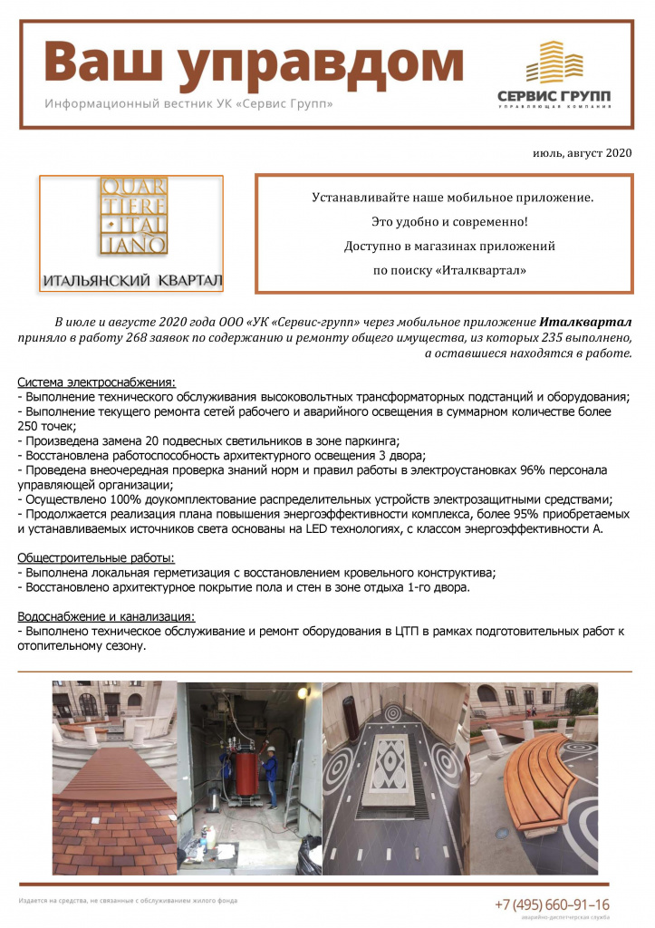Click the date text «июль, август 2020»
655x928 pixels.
click(x=582, y=153)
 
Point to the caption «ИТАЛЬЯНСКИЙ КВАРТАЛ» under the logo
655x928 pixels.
click(x=131, y=278)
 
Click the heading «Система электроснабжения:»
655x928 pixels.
click(x=97, y=382)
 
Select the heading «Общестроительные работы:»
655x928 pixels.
click(x=96, y=557)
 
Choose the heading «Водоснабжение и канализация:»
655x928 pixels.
click(x=106, y=616)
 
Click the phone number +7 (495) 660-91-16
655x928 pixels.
click(x=552, y=904)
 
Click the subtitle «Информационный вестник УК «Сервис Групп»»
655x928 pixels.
click(x=188, y=104)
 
